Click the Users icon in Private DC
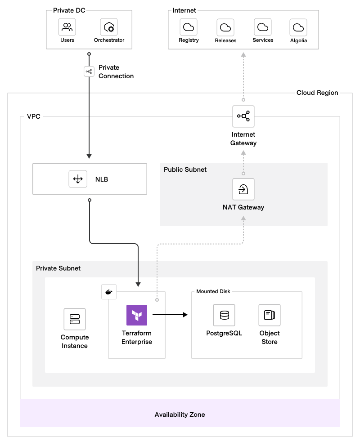pos(67,27)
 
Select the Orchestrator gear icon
pos(109,27)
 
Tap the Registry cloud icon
pos(189,27)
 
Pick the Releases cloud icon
pos(225,27)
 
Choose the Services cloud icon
pos(263,27)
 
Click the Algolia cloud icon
pos(298,27)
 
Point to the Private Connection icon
pos(89,71)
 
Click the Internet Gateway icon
pos(243,117)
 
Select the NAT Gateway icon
pos(243,189)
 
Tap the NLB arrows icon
pos(78,179)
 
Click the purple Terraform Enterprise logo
pos(137,315)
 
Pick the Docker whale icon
pos(108,292)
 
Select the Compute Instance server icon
pos(75,319)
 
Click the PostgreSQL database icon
pos(224,315)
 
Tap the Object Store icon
pos(270,315)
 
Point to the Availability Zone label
pos(180,414)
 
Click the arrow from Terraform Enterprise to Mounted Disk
pos(170,315)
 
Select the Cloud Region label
pos(317,93)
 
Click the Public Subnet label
pos(185,169)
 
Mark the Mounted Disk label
pos(213,291)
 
